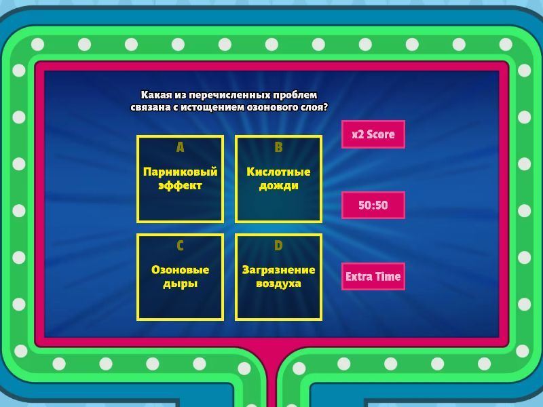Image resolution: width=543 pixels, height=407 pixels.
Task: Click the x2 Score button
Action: click(x=373, y=134)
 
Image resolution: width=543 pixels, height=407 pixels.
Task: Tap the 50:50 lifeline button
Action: click(x=373, y=206)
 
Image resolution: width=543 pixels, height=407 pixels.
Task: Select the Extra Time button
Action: click(x=373, y=276)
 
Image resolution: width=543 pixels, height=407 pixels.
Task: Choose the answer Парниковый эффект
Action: click(x=180, y=179)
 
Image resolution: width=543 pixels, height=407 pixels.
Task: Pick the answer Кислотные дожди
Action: click(x=278, y=179)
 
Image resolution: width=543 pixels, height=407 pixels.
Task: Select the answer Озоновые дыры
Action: click(x=180, y=277)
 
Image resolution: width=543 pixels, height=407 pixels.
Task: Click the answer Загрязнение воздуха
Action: click(x=278, y=277)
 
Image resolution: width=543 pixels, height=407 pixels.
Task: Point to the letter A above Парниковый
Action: click(x=180, y=147)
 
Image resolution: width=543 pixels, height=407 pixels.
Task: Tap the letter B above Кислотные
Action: click(x=278, y=147)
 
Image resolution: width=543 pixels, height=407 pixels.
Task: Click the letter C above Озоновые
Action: click(x=180, y=246)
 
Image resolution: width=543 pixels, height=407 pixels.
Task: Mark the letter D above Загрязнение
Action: click(x=278, y=246)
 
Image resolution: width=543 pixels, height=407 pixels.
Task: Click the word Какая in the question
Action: click(x=151, y=95)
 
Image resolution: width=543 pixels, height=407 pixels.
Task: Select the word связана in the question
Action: click(x=150, y=107)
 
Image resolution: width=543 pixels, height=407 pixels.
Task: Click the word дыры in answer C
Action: click(x=180, y=284)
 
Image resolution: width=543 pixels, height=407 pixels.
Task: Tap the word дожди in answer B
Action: click(x=278, y=186)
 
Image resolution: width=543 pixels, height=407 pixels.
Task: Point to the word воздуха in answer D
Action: click(x=278, y=284)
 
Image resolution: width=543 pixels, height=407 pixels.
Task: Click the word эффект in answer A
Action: click(x=180, y=186)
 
